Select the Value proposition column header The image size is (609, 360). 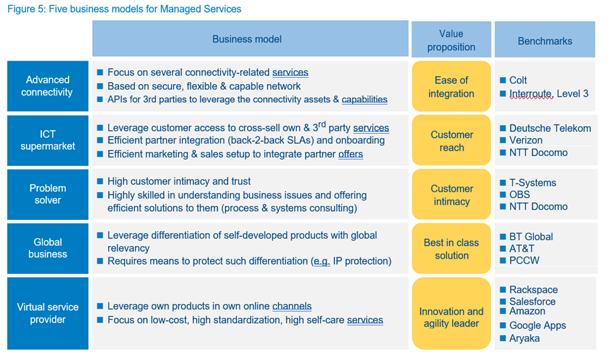[x=452, y=39]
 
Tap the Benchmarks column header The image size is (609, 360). [x=545, y=39]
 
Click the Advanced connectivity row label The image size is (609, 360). [x=48, y=86]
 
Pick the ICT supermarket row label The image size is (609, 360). [x=48, y=140]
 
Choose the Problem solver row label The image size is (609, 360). [x=48, y=194]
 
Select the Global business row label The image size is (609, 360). [x=48, y=248]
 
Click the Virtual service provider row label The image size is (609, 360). [x=48, y=313]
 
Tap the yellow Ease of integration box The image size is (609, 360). [x=452, y=86]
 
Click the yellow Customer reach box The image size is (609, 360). [x=452, y=140]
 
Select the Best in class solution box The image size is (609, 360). [x=452, y=249]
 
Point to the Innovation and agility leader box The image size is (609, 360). [x=452, y=313]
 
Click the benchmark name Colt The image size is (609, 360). [x=518, y=81]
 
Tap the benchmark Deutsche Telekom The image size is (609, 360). [x=550, y=128]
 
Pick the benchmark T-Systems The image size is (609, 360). [x=532, y=183]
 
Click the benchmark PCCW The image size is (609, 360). [x=524, y=260]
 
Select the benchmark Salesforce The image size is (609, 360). [x=532, y=301]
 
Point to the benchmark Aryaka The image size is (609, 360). [x=524, y=338]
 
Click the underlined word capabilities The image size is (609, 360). [x=364, y=100]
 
